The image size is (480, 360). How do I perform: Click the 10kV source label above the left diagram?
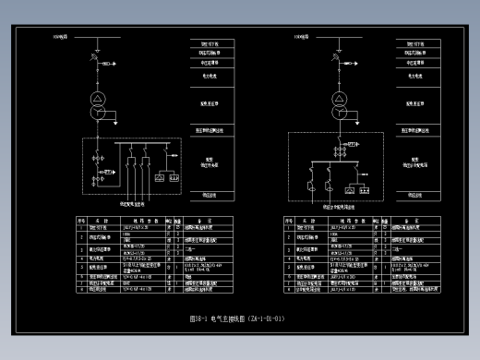coord(60,37)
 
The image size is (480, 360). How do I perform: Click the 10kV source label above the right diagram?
coord(301,37)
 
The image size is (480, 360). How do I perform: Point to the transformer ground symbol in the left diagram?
coord(116,117)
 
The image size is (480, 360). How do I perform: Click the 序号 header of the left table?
coord(81,222)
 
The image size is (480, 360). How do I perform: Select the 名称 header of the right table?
coord(306,222)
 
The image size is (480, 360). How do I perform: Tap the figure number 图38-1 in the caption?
coord(199,318)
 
